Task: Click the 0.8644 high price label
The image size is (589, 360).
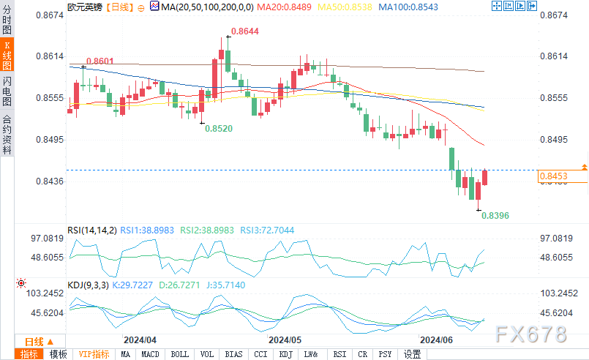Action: pos(244,32)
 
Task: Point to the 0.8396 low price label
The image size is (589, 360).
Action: pos(495,216)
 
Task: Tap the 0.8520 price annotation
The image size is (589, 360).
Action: pos(219,128)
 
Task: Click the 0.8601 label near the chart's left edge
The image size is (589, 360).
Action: pos(99,61)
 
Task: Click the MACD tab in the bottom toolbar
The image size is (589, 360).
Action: pos(150,354)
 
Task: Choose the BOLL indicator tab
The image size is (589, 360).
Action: pos(179,354)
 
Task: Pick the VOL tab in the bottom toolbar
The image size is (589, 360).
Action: pos(206,354)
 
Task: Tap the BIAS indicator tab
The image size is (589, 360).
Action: pos(233,354)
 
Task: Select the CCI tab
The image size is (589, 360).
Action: pos(260,354)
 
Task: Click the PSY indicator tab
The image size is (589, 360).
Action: pos(384,354)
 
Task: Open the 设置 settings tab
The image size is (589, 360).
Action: pos(413,354)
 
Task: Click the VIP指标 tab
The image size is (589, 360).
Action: pos(94,354)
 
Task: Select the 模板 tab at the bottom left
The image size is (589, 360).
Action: pos(58,354)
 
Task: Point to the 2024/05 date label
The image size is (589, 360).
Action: pos(285,340)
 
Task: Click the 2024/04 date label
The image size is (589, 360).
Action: pos(140,340)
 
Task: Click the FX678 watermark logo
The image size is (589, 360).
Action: pos(530,334)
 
